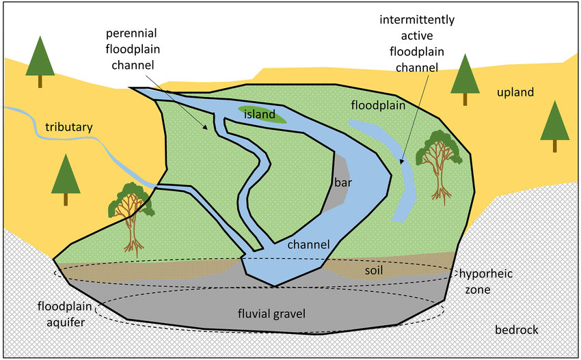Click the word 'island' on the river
point(259,114)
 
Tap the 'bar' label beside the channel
point(342,182)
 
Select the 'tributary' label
point(69,127)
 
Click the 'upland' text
point(515,92)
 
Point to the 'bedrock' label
point(517,330)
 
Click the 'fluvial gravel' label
point(271,314)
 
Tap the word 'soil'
point(373,271)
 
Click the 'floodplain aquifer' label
point(65,314)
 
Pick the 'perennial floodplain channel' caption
point(133,49)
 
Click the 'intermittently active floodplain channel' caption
point(417,43)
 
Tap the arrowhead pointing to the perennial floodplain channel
point(205,126)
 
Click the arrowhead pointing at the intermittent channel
point(401,161)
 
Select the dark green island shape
point(262,114)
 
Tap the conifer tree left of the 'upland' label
point(465,79)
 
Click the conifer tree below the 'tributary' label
point(66,179)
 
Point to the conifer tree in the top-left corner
point(40,61)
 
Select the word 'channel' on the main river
point(308,245)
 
